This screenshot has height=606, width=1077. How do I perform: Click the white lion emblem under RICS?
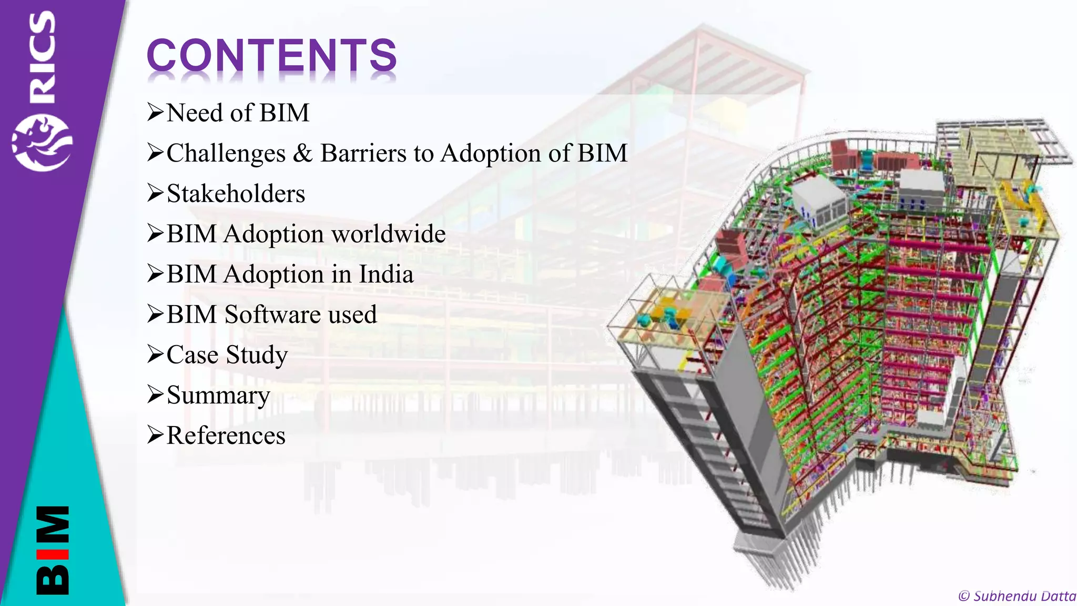point(42,143)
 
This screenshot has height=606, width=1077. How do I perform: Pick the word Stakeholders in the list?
point(236,194)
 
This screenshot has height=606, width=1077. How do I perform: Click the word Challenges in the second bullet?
point(226,154)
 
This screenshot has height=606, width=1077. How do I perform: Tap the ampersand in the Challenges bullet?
point(302,154)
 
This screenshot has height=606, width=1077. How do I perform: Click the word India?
point(386,274)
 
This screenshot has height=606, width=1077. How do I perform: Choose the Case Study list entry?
point(227,355)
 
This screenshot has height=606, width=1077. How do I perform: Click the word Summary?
point(218,396)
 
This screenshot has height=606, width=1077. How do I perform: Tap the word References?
point(226,436)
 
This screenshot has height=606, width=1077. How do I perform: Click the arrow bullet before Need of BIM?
point(156,113)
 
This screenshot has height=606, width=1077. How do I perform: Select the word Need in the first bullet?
point(195,113)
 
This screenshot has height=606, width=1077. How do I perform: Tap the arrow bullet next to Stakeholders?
point(156,193)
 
